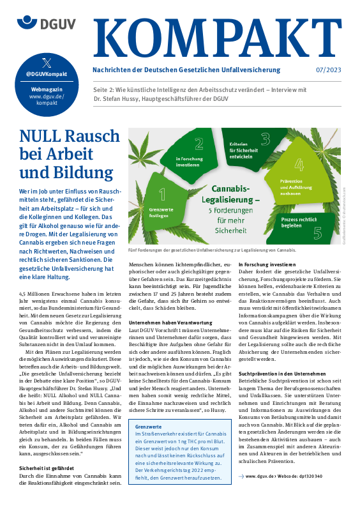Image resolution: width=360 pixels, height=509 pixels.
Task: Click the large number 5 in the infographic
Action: [x=317, y=232]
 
